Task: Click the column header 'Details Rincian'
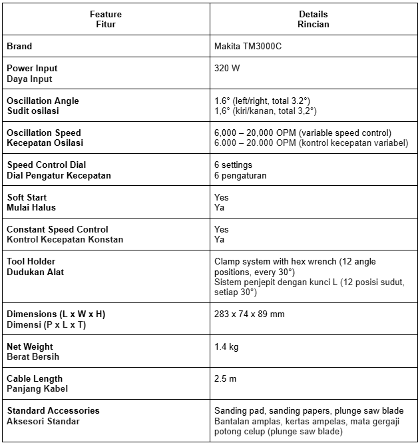tap(313, 19)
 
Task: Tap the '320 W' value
tap(227, 68)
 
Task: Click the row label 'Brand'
tap(19, 47)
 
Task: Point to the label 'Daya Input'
tap(29, 79)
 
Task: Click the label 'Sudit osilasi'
tap(33, 111)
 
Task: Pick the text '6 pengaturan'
tap(240, 176)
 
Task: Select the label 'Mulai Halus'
tap(31, 208)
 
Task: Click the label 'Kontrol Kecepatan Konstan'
tap(65, 240)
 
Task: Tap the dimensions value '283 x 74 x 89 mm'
tap(250, 314)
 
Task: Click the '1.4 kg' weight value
tap(226, 346)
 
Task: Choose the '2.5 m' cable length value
tap(225, 378)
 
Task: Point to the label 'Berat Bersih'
tap(33, 357)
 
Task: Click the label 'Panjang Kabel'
tap(37, 389)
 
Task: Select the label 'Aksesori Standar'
tap(43, 421)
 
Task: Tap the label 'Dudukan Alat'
tap(35, 272)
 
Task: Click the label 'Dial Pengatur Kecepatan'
tap(59, 176)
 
